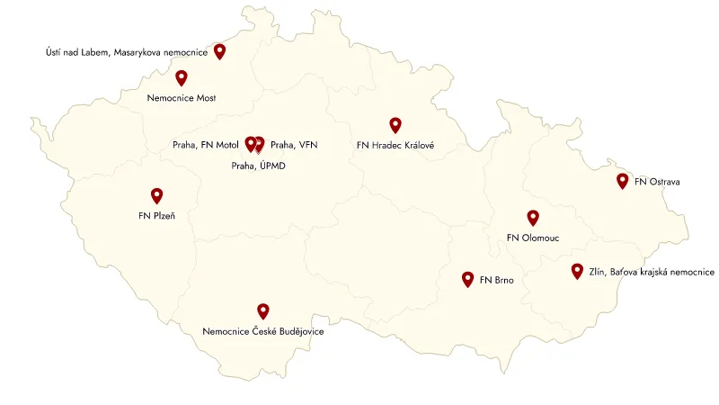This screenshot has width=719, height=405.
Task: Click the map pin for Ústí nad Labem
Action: point(219,50)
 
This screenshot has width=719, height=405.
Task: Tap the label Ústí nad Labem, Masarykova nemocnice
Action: point(126,52)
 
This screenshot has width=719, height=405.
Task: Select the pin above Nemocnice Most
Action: point(182,77)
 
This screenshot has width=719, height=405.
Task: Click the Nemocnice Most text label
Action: point(182,97)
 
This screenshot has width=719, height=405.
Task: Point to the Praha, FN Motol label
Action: point(206,144)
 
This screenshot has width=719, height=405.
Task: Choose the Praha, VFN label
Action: point(294,144)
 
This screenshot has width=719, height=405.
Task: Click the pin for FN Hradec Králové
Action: point(395,124)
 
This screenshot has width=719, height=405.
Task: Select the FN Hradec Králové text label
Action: point(395,144)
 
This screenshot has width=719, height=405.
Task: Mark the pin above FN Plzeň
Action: point(156,195)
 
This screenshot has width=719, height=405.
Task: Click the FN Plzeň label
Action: point(156,215)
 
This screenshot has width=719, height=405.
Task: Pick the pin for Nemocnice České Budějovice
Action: point(262,310)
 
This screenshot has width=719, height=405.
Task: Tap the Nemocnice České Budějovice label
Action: point(262,331)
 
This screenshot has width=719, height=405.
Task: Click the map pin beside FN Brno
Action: point(467,279)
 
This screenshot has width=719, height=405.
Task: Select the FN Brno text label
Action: point(497,281)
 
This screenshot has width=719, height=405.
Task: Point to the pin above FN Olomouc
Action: point(532,217)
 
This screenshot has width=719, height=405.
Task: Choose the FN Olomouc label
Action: point(533,238)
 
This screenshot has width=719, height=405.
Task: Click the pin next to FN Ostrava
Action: point(622,180)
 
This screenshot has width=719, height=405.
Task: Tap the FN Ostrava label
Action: point(657,182)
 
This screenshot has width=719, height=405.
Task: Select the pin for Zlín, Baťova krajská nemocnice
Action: point(577,270)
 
